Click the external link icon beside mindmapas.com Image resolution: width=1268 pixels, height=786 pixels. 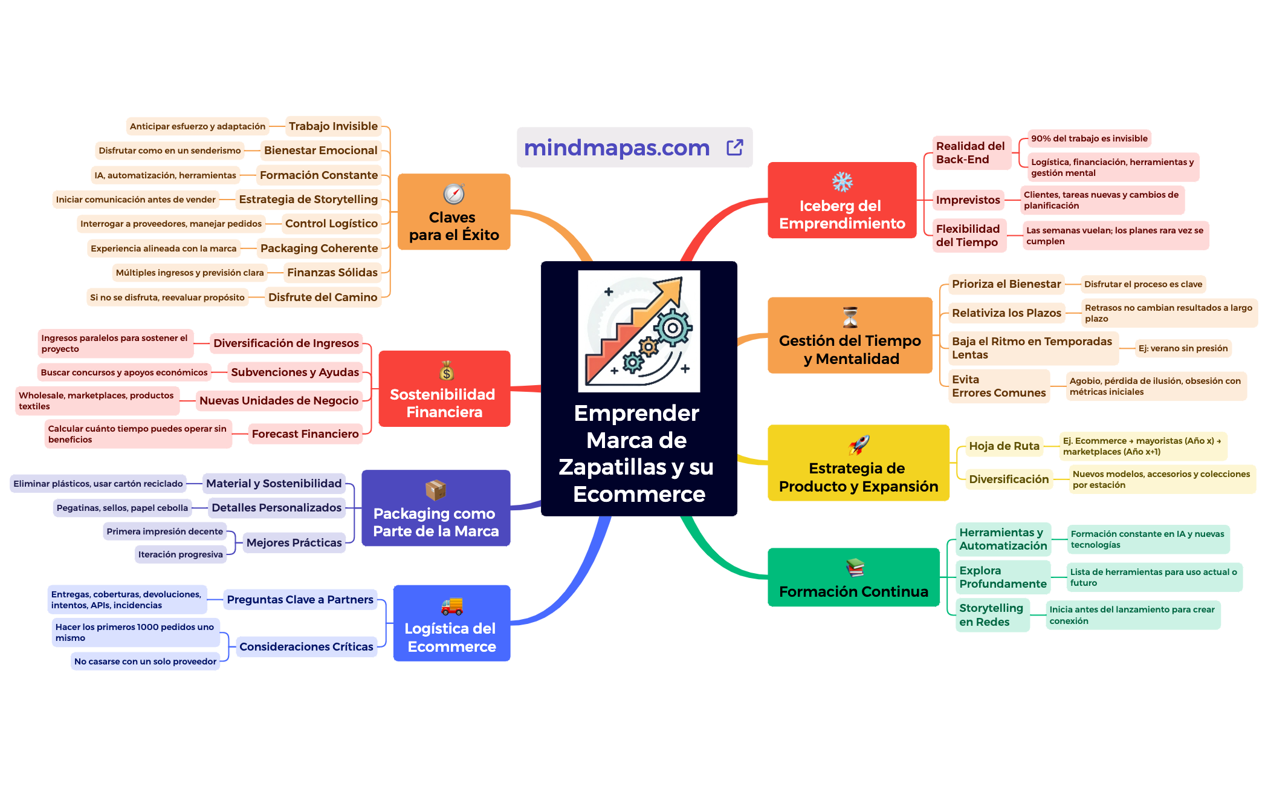(x=734, y=147)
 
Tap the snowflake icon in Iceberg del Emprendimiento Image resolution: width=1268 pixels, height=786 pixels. (x=842, y=181)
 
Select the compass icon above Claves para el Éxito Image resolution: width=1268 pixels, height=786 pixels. (x=454, y=193)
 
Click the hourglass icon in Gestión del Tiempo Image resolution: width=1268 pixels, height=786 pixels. (x=850, y=317)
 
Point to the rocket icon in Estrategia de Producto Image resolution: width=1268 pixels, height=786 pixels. (x=859, y=445)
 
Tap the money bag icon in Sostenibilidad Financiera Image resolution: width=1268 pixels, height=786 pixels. (x=447, y=371)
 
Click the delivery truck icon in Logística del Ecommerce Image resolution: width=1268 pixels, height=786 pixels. (x=452, y=605)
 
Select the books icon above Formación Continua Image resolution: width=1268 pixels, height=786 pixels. (x=855, y=567)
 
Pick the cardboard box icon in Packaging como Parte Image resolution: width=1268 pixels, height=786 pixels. (x=435, y=490)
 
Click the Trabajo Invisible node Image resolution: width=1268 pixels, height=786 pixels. (x=333, y=126)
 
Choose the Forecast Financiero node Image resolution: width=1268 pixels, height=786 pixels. (x=305, y=434)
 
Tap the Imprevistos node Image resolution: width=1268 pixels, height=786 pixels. (x=968, y=200)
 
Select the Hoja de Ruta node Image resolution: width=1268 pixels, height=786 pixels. (x=1004, y=446)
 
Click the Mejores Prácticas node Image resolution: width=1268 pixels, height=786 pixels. (x=294, y=543)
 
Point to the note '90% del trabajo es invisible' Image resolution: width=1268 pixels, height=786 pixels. (x=1089, y=138)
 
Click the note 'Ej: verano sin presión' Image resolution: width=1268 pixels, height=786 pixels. (x=1183, y=348)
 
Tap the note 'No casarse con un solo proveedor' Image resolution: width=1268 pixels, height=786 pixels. (x=145, y=661)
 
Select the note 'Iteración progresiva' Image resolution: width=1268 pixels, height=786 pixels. (x=180, y=554)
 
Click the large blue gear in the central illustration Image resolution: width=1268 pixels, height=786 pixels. (x=672, y=328)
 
